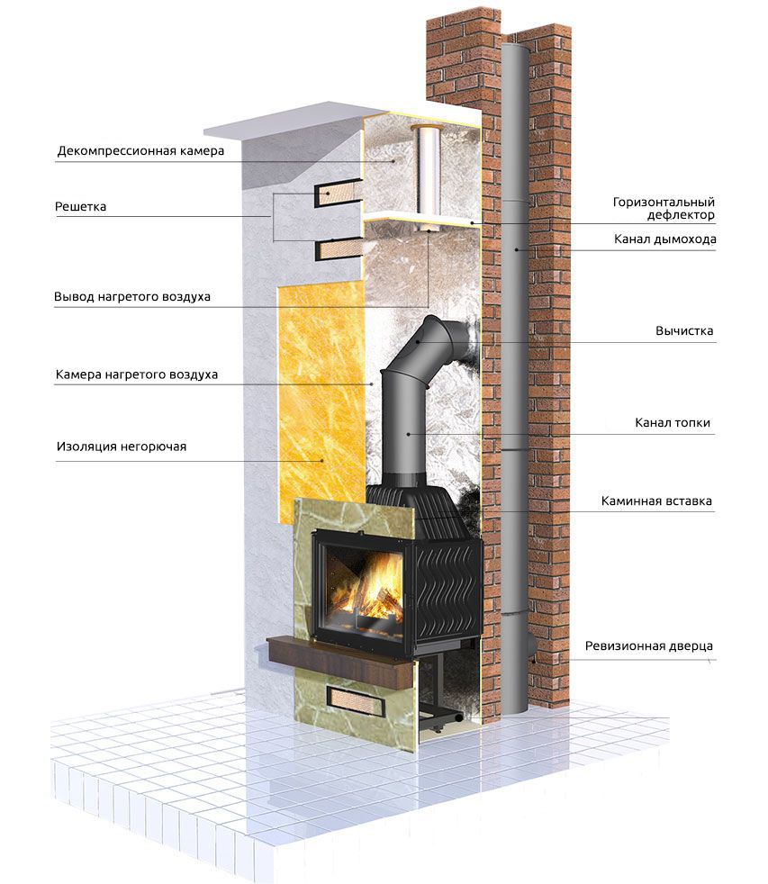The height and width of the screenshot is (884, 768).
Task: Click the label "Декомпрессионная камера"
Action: click(140, 151)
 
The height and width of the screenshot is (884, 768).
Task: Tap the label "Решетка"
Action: click(80, 206)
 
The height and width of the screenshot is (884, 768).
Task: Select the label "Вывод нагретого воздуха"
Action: click(132, 296)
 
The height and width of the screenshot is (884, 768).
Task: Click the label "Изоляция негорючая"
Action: click(121, 446)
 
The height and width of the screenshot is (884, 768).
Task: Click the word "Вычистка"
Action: click(684, 330)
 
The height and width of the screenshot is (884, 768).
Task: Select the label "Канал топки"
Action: click(673, 422)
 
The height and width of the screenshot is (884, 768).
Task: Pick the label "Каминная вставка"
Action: click(657, 501)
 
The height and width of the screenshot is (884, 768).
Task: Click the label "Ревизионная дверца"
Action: click(648, 645)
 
